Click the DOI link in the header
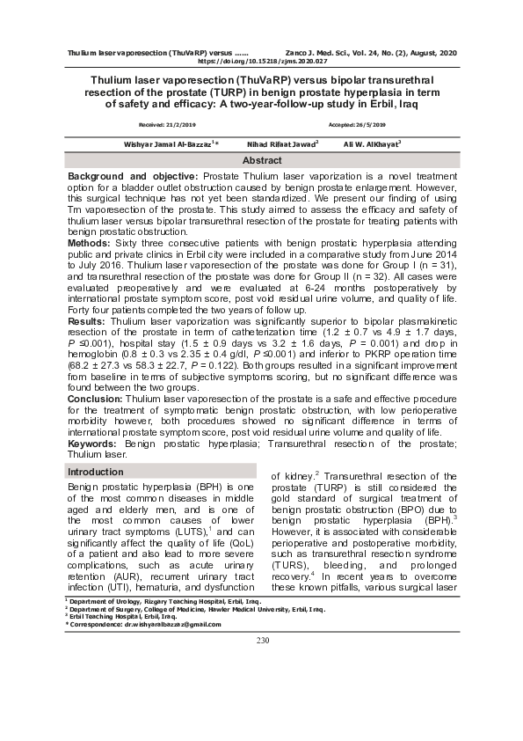click(262, 62)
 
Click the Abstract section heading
click(262, 161)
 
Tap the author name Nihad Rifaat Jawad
click(282, 143)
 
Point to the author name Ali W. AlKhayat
click(371, 143)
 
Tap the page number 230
click(262, 639)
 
